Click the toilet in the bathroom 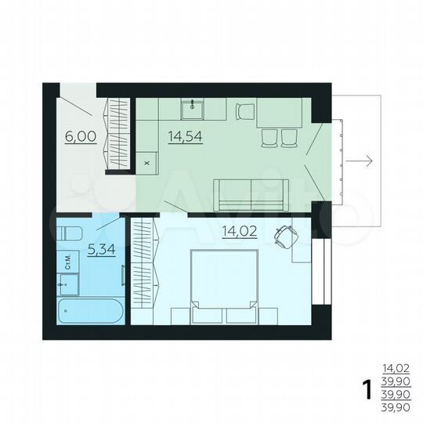click(68, 233)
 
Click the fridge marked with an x click(147, 163)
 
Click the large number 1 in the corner click(365, 389)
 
